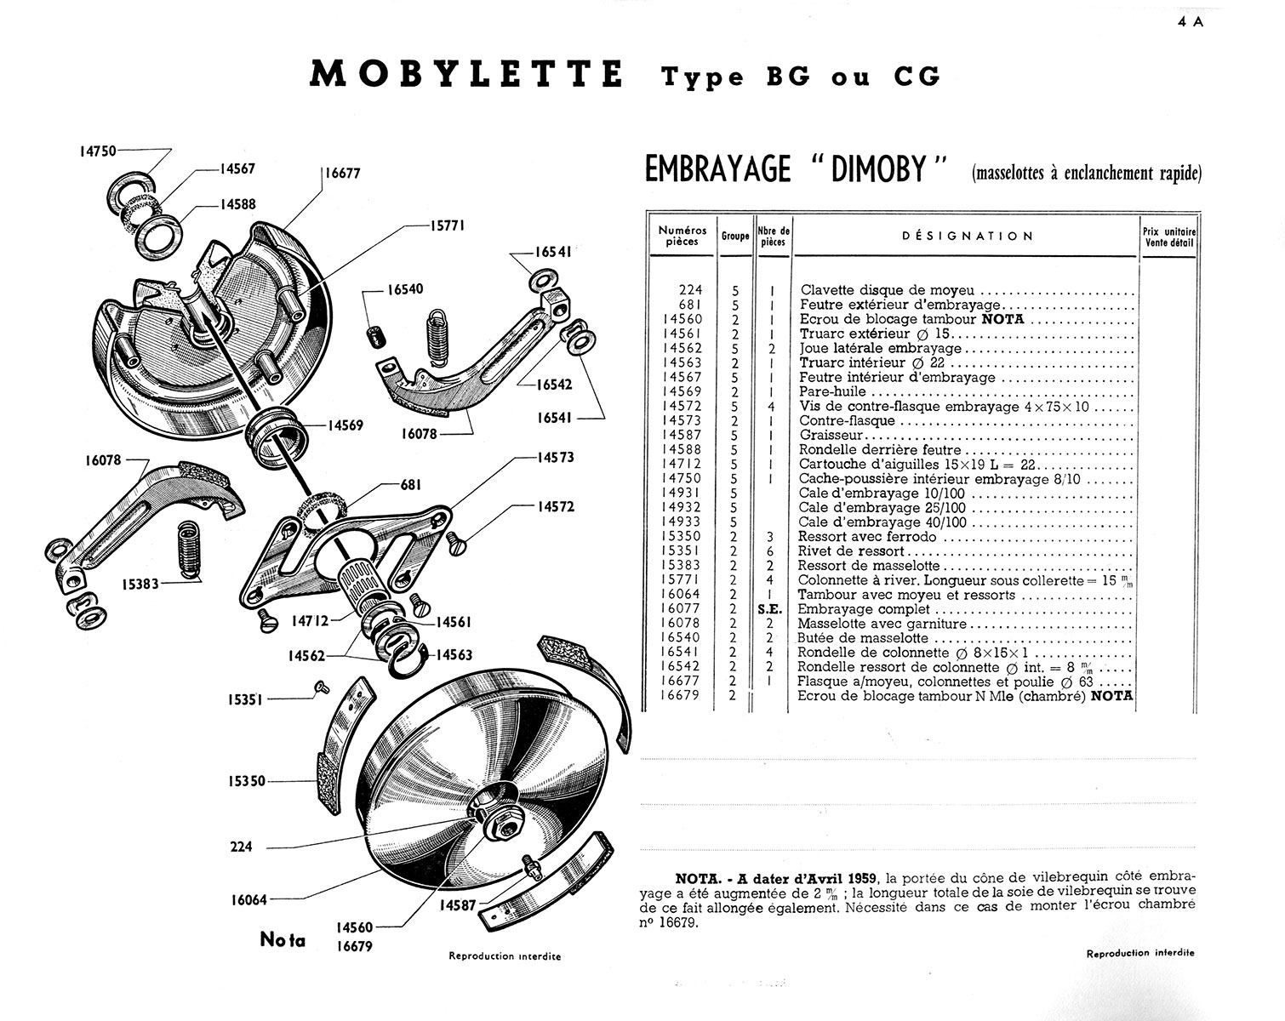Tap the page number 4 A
pyautogui.click(x=1191, y=23)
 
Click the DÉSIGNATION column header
pyautogui.click(x=968, y=236)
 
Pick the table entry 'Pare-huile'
pyautogui.click(x=832, y=391)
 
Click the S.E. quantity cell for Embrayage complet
pyautogui.click(x=769, y=609)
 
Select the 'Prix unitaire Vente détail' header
pyautogui.click(x=1169, y=236)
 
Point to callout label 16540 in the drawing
pyautogui.click(x=405, y=289)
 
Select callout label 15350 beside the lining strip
pyautogui.click(x=247, y=780)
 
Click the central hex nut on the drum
pyautogui.click(x=496, y=824)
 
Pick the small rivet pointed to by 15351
pyautogui.click(x=322, y=685)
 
